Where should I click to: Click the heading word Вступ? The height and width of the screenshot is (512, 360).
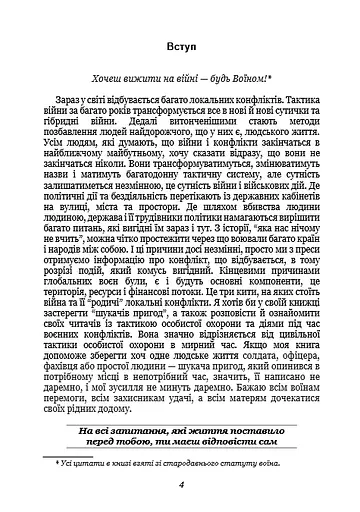(x=181, y=48)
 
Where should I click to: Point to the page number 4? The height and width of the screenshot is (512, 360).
(x=181, y=486)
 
